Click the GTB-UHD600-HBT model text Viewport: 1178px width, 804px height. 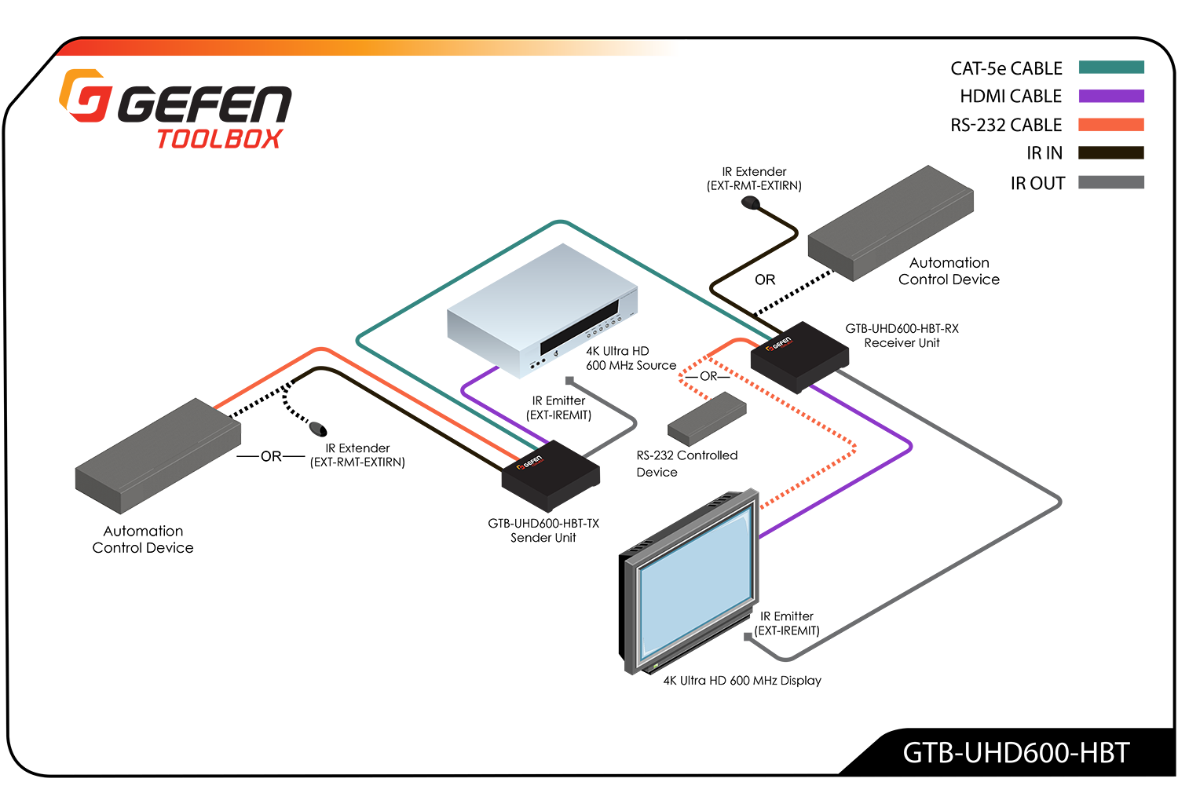tap(1015, 752)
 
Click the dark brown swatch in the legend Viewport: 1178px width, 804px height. tap(1107, 153)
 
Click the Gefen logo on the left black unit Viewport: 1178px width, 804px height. tap(530, 466)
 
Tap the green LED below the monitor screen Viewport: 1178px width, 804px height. tap(654, 668)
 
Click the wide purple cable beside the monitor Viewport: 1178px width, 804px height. tap(864, 487)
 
